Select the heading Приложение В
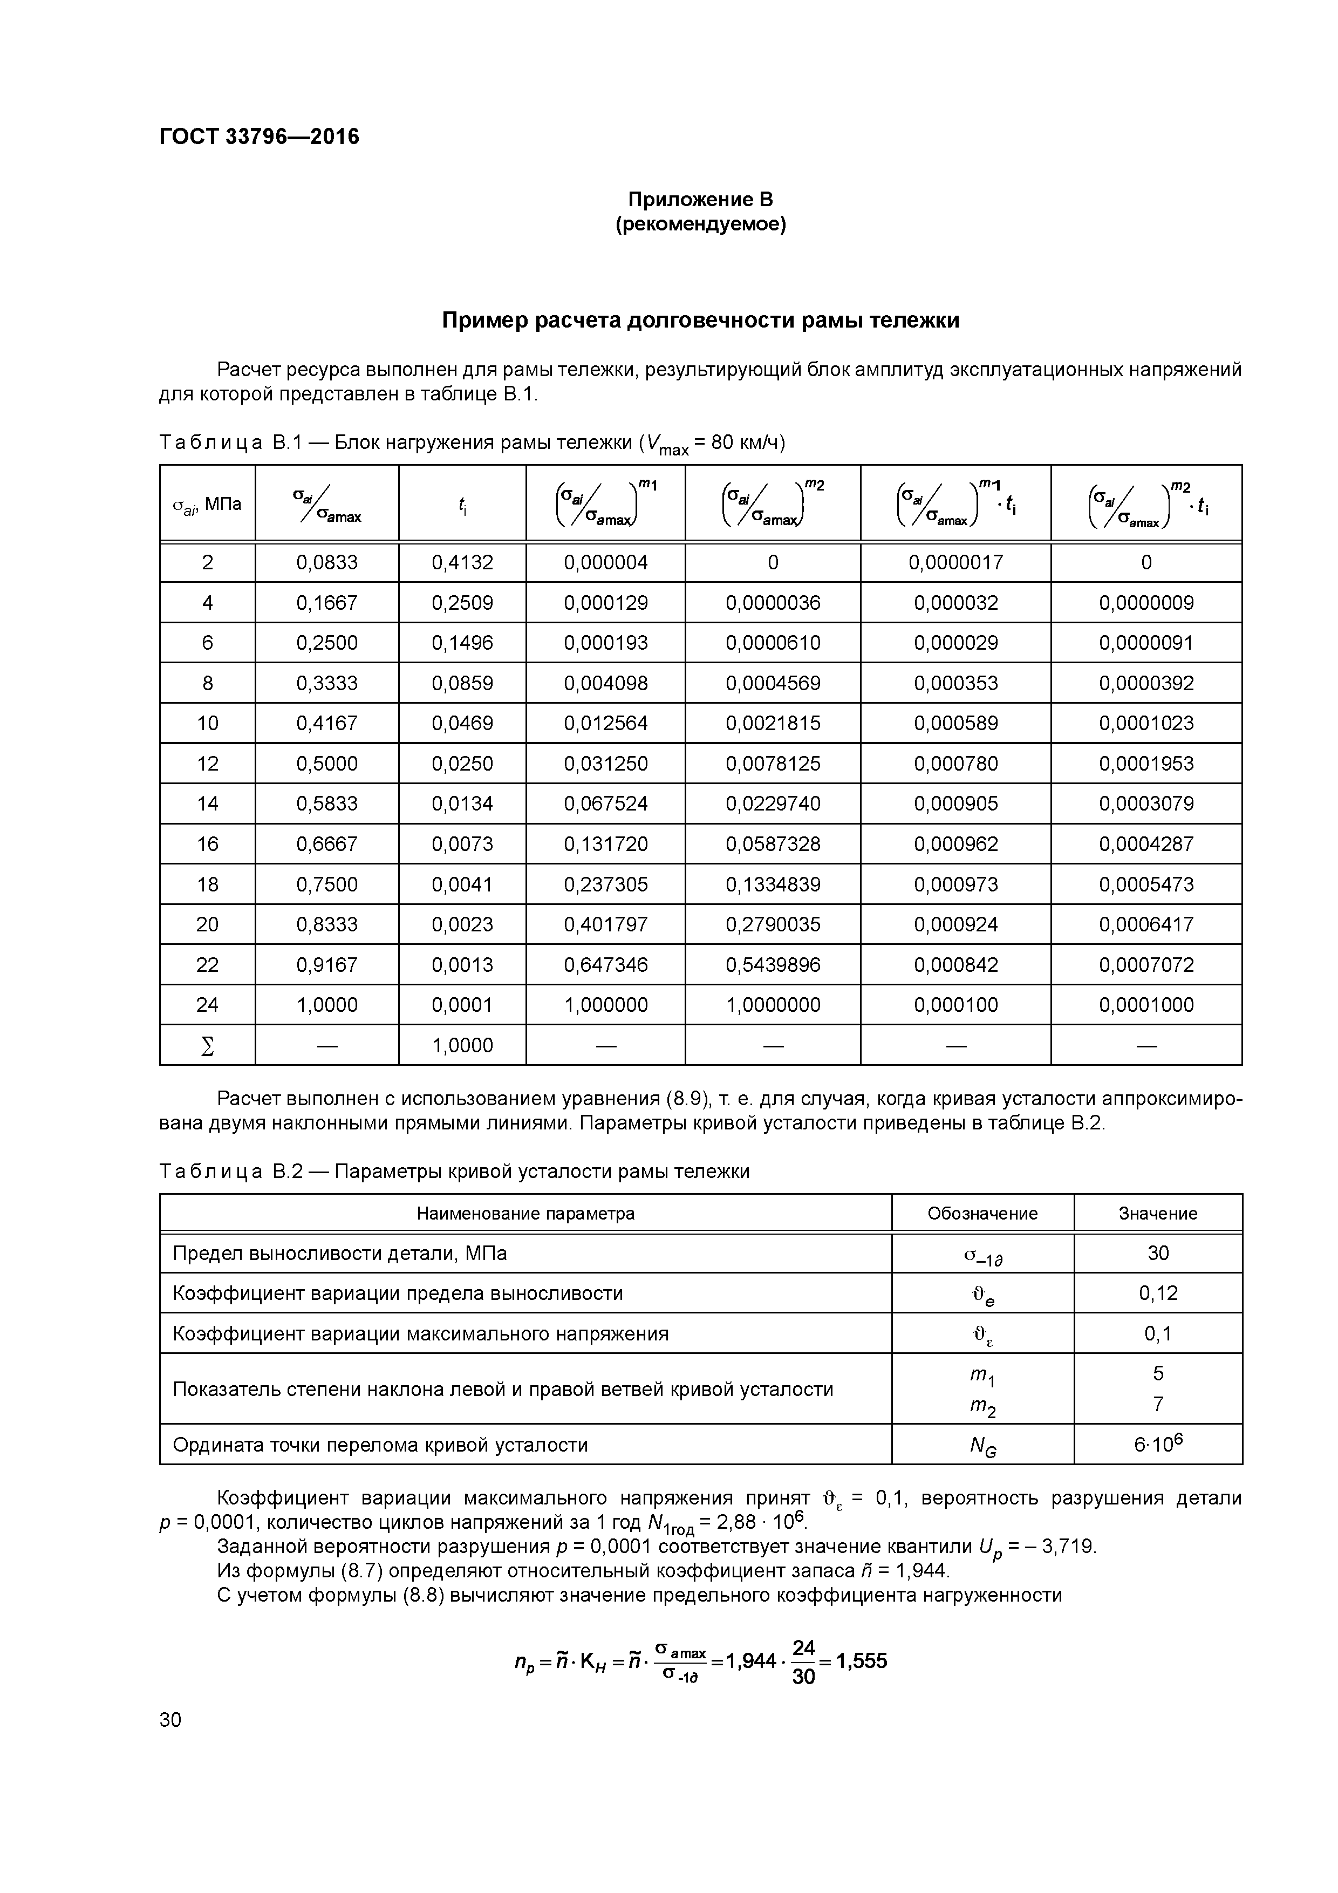click(700, 200)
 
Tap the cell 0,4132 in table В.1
click(462, 562)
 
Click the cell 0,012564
click(605, 723)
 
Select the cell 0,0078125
click(773, 764)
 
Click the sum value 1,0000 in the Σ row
click(462, 1045)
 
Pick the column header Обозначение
click(982, 1214)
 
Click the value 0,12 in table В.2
click(1157, 1293)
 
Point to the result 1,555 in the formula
click(862, 1660)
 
